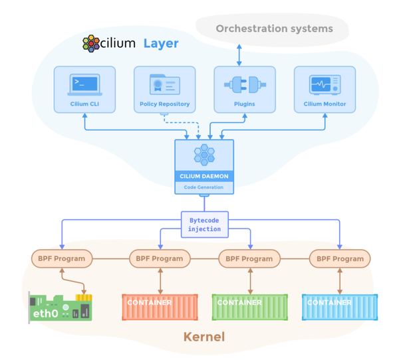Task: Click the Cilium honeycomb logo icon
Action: (90, 44)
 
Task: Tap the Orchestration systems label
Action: (274, 29)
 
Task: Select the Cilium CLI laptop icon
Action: (84, 84)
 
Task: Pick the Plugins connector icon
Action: (244, 85)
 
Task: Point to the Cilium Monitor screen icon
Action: (325, 85)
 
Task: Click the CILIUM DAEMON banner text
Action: (204, 176)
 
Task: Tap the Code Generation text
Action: (204, 187)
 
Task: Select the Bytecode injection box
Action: (204, 224)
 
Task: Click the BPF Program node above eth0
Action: (60, 258)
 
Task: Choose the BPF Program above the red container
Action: (160, 258)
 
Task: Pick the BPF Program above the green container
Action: (249, 258)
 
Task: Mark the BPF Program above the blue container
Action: (340, 258)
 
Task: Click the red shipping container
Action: (160, 307)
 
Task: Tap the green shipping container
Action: (249, 307)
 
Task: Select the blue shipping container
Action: (340, 307)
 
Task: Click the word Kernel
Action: (204, 337)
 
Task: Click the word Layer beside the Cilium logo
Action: (161, 44)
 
